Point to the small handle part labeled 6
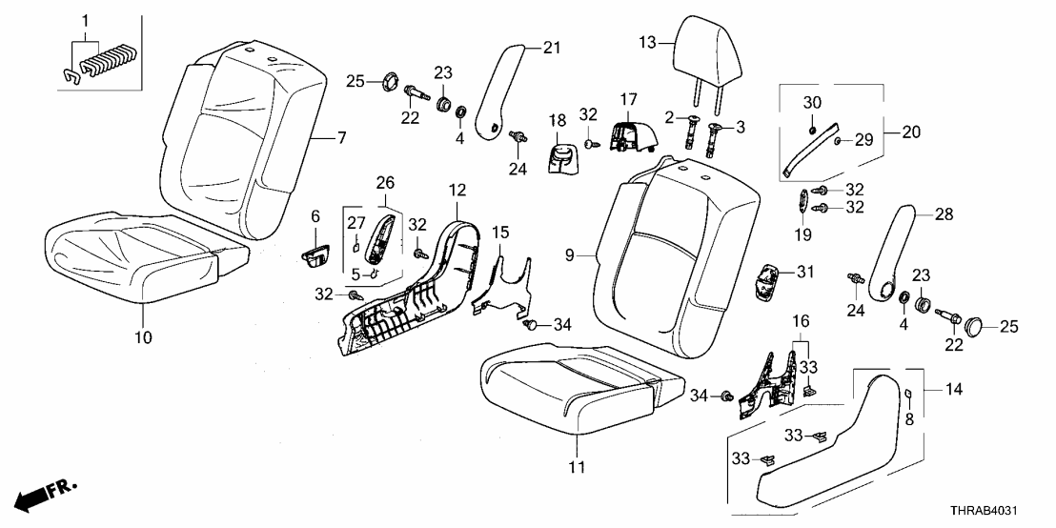click(315, 255)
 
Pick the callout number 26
click(384, 182)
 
